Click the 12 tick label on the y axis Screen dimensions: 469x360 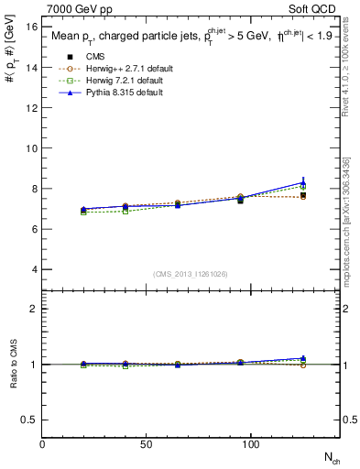tap(32, 108)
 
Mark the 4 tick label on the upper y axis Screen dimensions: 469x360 tap(35, 269)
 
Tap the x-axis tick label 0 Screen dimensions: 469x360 tap(42, 444)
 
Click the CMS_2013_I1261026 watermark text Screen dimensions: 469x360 tap(191, 273)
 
